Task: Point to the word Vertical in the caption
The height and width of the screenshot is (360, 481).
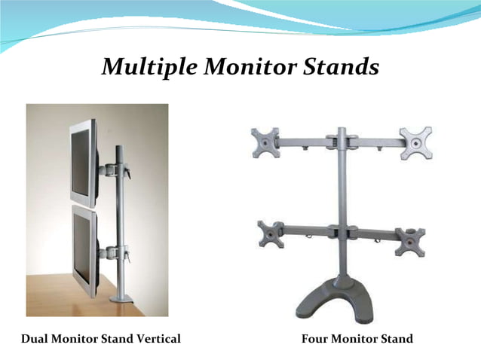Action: click(x=157, y=339)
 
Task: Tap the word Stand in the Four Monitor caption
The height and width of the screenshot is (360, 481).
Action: click(x=395, y=339)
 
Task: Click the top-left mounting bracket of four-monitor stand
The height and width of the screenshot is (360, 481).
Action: click(x=265, y=143)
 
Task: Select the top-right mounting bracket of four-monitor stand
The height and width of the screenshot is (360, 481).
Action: click(x=416, y=142)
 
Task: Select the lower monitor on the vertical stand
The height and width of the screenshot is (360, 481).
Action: click(x=84, y=253)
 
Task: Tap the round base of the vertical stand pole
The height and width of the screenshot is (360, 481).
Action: click(x=122, y=298)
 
